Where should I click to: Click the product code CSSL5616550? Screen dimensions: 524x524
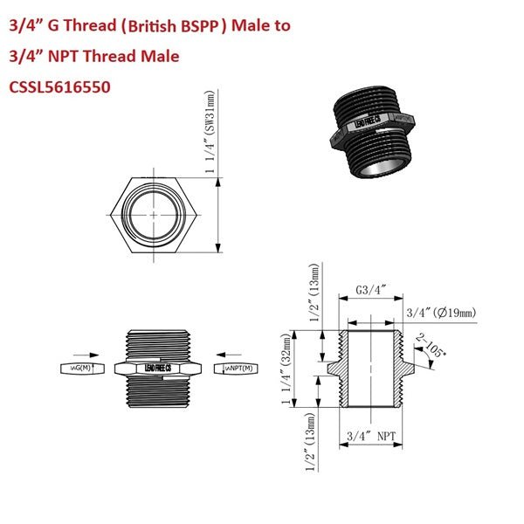pos(59,87)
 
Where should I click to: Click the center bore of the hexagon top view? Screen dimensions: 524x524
pos(154,214)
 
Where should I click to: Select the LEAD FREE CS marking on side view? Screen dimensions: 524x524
pos(155,369)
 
